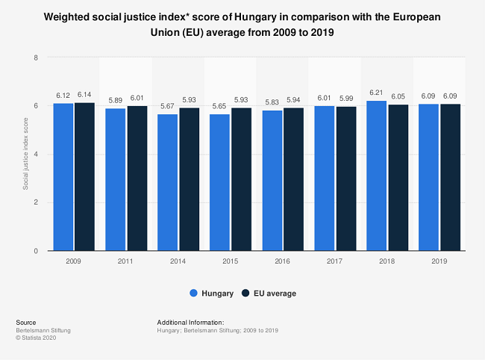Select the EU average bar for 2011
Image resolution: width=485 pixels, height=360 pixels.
click(x=137, y=179)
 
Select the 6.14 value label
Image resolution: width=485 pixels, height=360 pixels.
click(x=85, y=96)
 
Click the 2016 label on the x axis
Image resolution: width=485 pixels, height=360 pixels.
click(x=283, y=262)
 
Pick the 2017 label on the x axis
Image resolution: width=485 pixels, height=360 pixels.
click(x=335, y=262)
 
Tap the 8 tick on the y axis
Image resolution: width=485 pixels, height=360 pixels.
click(x=36, y=58)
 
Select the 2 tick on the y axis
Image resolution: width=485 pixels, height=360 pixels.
click(x=36, y=202)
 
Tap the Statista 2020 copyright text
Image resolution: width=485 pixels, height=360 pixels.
click(x=36, y=338)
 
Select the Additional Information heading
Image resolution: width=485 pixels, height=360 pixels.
click(x=191, y=322)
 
